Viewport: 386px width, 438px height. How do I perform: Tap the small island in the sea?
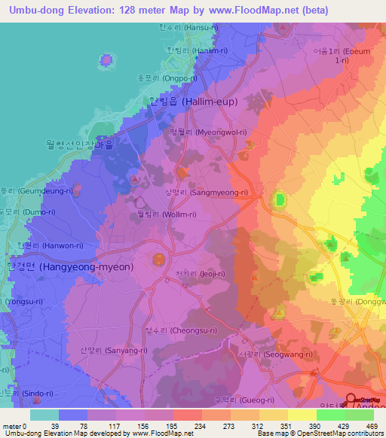[108, 59]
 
